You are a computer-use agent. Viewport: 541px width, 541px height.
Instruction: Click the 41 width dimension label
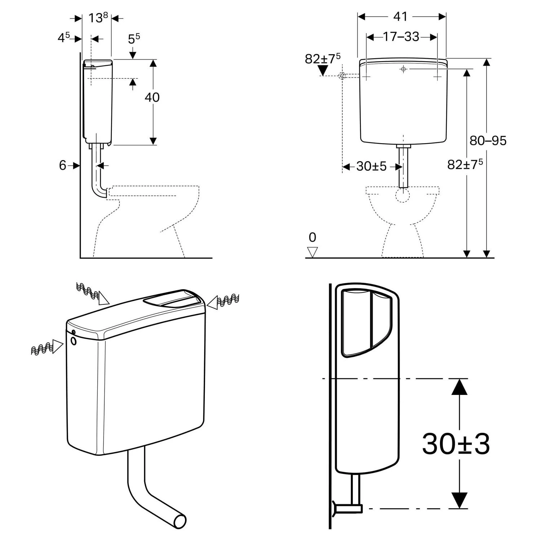pyautogui.click(x=400, y=17)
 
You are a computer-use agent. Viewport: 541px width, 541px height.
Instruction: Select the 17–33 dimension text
pyautogui.click(x=401, y=37)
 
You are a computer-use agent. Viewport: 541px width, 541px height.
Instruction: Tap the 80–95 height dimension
pyautogui.click(x=488, y=140)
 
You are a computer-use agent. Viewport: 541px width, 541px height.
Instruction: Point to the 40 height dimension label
pyautogui.click(x=152, y=97)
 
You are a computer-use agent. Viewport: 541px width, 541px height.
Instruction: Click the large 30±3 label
pyautogui.click(x=456, y=444)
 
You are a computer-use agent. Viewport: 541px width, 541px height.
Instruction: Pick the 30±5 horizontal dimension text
pyautogui.click(x=371, y=166)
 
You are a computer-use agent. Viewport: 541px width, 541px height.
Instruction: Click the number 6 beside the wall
pyautogui.click(x=63, y=165)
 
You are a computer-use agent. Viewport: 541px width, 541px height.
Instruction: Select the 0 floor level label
pyautogui.click(x=312, y=237)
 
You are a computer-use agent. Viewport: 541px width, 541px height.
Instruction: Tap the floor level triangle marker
pyautogui.click(x=312, y=251)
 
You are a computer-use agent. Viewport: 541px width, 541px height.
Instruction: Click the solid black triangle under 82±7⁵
pyautogui.click(x=322, y=70)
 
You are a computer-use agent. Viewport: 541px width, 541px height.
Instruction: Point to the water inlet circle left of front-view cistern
pyautogui.click(x=343, y=76)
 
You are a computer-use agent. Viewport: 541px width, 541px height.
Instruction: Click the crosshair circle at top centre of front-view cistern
pyautogui.click(x=403, y=69)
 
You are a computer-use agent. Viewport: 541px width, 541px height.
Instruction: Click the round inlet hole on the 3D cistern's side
pyautogui.click(x=74, y=341)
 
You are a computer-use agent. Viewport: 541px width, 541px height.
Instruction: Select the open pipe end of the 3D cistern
pyautogui.click(x=180, y=521)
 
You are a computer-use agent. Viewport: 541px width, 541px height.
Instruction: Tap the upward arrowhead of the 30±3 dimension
pyautogui.click(x=459, y=387)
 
